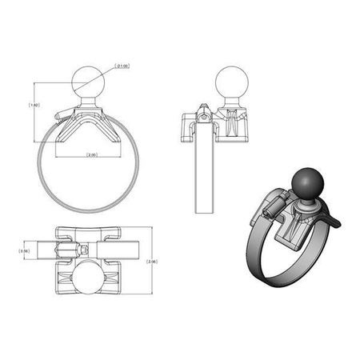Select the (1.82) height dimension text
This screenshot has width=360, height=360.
pyautogui.click(x=33, y=104)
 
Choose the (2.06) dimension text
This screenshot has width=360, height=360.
pyautogui.click(x=153, y=261)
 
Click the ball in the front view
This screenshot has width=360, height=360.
pyautogui.click(x=86, y=81)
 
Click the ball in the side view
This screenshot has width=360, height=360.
pyautogui.click(x=231, y=82)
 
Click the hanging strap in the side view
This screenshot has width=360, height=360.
pyautogui.click(x=206, y=176)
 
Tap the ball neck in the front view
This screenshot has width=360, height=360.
pyautogui.click(x=86, y=102)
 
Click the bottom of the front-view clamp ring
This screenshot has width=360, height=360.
pyautogui.click(x=86, y=210)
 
